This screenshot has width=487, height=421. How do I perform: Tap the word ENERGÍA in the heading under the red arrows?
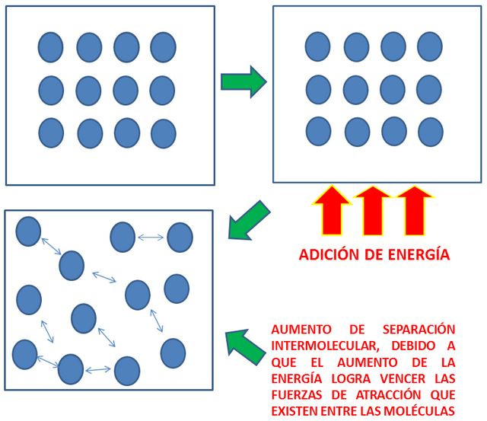[x=419, y=254]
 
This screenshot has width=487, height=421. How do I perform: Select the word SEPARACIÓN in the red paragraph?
[x=419, y=329]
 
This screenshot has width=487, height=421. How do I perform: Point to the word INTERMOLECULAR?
[x=325, y=346]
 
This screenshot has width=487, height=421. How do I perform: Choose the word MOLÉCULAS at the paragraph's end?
[x=419, y=411]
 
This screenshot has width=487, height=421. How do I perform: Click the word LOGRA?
[x=351, y=378]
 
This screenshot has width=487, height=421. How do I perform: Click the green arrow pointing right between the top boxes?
[x=243, y=81]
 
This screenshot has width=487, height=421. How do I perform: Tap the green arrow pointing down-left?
[x=249, y=221]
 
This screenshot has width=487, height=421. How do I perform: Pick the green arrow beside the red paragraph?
[x=245, y=347]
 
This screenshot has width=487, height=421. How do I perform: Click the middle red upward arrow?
[x=373, y=212]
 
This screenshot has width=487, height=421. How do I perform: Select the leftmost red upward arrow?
[x=332, y=212]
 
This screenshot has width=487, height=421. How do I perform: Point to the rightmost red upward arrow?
[x=415, y=212]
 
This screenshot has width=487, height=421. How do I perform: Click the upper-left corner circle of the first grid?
[x=51, y=47]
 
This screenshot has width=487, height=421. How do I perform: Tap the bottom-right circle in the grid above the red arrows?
[x=431, y=132]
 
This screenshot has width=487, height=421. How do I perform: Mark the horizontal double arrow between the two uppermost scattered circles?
[x=151, y=238]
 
